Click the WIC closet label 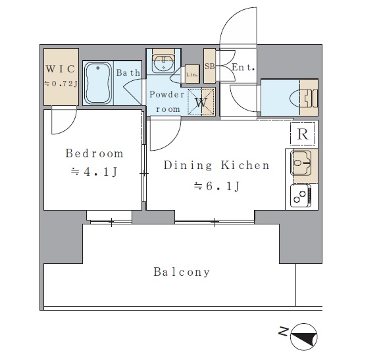pyautogui.click(x=61, y=69)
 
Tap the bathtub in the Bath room pyautogui.click(x=98, y=83)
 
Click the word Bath pyautogui.click(x=128, y=72)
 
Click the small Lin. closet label pyautogui.click(x=192, y=74)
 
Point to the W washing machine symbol pyautogui.click(x=201, y=102)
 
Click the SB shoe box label pyautogui.click(x=209, y=66)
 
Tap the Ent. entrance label pyautogui.click(x=243, y=67)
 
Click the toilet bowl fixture pyautogui.click(x=304, y=98)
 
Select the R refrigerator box pyautogui.click(x=303, y=134)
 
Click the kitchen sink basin pyautogui.click(x=301, y=163)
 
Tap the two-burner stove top pyautogui.click(x=301, y=196)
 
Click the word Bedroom pyautogui.click(x=94, y=153)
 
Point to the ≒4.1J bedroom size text pyautogui.click(x=94, y=172)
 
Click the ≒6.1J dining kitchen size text pyautogui.click(x=216, y=186)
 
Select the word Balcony pyautogui.click(x=182, y=272)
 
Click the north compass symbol pyautogui.click(x=304, y=337)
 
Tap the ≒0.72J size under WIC pyautogui.click(x=61, y=84)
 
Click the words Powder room pyautogui.click(x=167, y=101)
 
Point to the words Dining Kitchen pyautogui.click(x=216, y=165)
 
